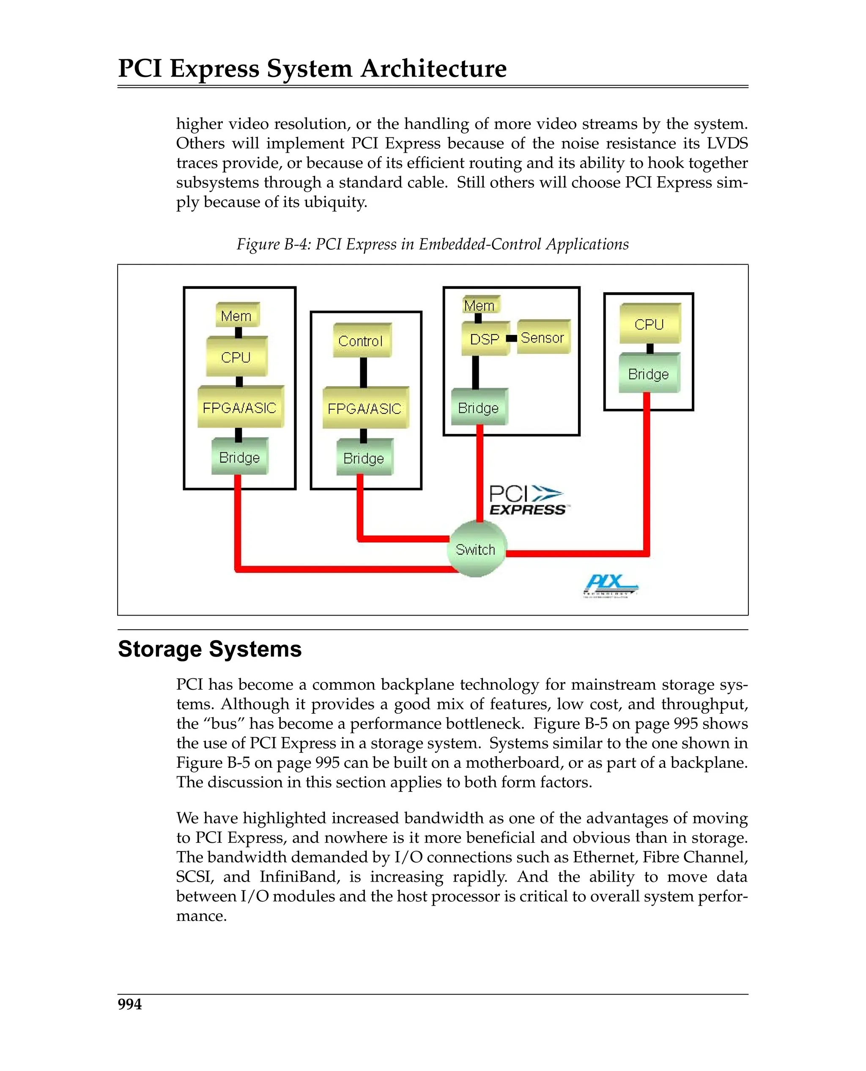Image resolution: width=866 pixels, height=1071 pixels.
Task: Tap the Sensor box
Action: tap(543, 338)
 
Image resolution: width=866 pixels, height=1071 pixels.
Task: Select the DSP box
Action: tap(485, 339)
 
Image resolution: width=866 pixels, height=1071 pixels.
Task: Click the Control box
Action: tap(361, 341)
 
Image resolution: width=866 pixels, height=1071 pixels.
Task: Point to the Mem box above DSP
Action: tap(480, 305)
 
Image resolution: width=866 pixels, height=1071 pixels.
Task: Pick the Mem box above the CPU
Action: tap(236, 316)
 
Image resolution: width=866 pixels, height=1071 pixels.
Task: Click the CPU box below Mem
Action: tap(236, 357)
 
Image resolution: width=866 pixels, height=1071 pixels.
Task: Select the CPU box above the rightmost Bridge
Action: tap(649, 324)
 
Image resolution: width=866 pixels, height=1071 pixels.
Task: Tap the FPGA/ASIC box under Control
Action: tap(364, 408)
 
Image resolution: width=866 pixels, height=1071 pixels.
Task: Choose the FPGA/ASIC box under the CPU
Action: tap(240, 408)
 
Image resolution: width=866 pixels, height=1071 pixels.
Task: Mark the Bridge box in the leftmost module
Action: tap(239, 457)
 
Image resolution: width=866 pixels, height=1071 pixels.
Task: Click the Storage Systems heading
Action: tap(209, 649)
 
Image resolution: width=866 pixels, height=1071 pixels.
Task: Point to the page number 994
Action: tap(130, 1004)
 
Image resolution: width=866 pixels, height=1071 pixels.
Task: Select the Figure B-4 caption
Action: tap(433, 244)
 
